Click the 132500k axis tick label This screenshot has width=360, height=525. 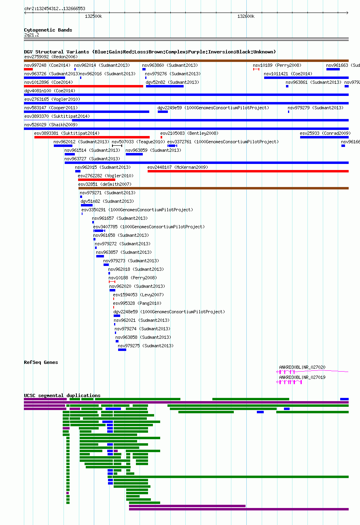point(93,17)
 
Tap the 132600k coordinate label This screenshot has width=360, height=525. point(246,17)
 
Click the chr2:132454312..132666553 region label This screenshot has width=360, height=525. point(55,9)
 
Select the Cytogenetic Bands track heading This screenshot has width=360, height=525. point(48,30)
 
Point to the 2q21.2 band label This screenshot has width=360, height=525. point(32,35)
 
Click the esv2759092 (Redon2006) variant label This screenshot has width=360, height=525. point(51,57)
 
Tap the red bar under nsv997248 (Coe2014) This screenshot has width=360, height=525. point(28,69)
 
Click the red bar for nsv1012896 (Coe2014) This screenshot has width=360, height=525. point(83,86)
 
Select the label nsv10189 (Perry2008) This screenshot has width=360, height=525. point(277,66)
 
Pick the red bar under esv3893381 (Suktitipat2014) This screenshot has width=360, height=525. point(92,137)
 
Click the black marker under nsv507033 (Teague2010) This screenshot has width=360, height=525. point(117,146)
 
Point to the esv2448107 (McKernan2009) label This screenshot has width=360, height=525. point(178,167)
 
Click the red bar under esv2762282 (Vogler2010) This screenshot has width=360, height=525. point(97,180)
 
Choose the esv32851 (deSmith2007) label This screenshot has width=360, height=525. point(105,185)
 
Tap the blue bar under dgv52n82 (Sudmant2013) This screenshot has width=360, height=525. point(165,86)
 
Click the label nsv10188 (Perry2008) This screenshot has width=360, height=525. point(133,278)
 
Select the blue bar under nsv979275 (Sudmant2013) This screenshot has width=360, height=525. point(122,350)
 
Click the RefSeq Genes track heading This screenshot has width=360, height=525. point(41,362)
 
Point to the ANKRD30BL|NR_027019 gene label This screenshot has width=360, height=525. point(302,377)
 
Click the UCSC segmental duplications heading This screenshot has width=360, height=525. point(62,395)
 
